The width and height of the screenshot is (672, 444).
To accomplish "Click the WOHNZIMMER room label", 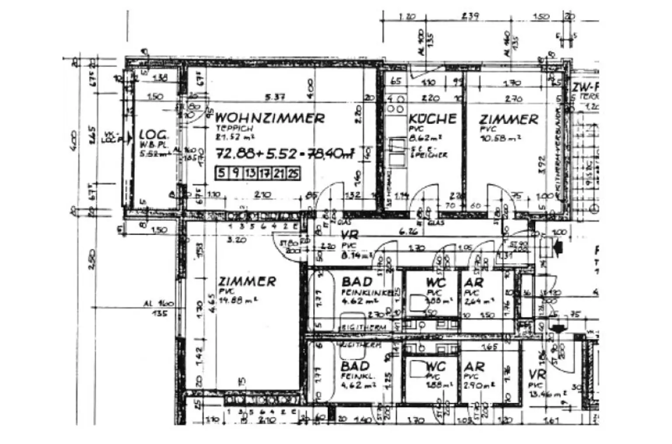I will (270, 118).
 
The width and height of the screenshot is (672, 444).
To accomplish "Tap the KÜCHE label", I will (432, 119).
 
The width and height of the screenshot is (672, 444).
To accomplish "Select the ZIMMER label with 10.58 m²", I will (508, 120).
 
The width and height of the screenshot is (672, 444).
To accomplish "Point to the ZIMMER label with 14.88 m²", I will (247, 281).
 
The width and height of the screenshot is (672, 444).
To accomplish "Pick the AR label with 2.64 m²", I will (474, 282).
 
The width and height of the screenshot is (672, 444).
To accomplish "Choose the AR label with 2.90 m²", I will (474, 367).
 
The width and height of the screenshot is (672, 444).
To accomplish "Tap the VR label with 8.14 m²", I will (350, 236).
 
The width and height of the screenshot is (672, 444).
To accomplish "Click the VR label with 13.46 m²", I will (537, 374).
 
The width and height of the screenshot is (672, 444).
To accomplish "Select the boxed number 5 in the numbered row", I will (222, 173).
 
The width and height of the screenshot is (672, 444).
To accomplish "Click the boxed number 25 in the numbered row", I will (293, 173).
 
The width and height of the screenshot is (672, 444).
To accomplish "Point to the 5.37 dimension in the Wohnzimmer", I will (274, 97).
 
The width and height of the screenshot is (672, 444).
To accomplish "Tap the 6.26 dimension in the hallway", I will (409, 232).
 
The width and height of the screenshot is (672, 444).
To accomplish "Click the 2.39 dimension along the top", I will (470, 16).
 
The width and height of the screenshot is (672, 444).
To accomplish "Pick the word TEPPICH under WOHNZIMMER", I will (234, 128).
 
